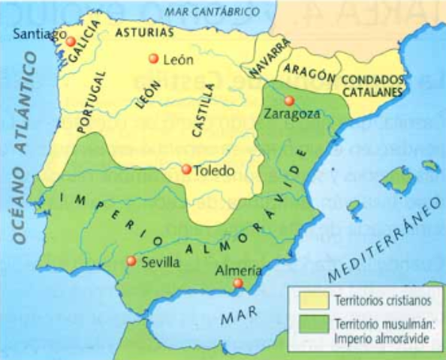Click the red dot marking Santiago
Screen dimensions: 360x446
pos(71,41)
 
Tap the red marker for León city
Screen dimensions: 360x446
pos(154,58)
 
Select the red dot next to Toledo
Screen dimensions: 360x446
pos(186,169)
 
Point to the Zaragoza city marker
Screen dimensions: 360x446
pos(289,100)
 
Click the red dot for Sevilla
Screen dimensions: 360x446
pos(131,261)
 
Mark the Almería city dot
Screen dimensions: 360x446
pos(237,283)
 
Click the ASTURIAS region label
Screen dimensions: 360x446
pos(145,33)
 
